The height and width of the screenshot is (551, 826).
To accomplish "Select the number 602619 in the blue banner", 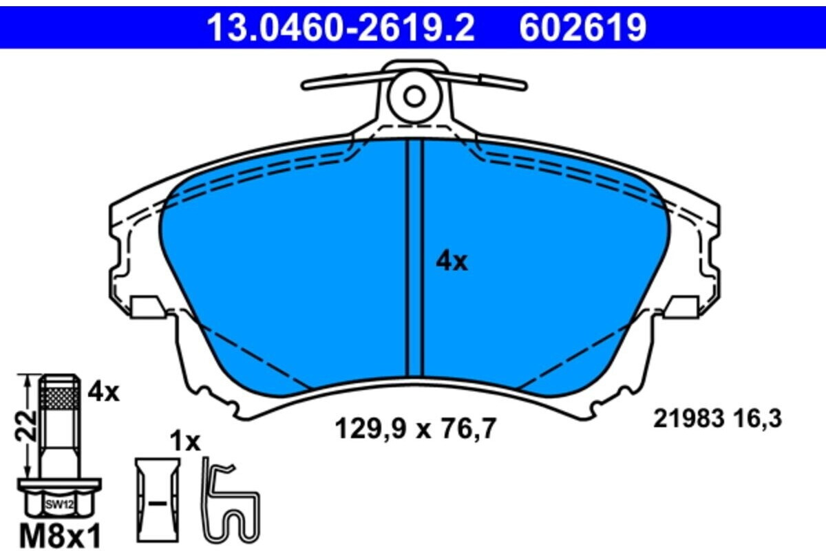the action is pyautogui.click(x=583, y=28).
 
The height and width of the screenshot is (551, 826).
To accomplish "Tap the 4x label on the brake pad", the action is pyautogui.click(x=452, y=261).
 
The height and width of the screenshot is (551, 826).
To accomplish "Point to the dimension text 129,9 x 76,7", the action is pyautogui.click(x=416, y=429).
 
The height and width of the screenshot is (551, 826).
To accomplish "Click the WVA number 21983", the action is pyautogui.click(x=689, y=419).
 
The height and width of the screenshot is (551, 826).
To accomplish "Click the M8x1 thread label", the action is pyautogui.click(x=60, y=537).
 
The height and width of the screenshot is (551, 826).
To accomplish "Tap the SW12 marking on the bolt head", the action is pyautogui.click(x=60, y=504).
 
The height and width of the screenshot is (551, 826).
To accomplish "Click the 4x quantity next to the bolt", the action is pyautogui.click(x=104, y=393).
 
